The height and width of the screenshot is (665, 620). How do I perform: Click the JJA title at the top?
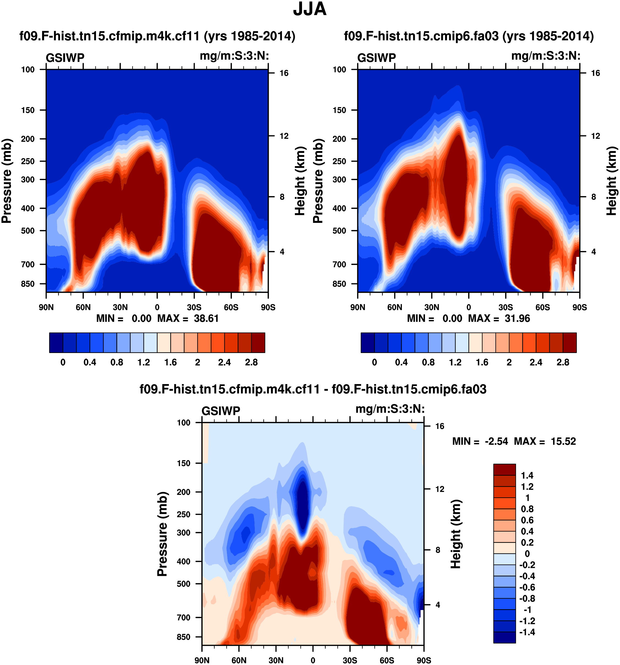(x=310, y=9)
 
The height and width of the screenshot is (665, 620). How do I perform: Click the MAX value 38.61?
(x=206, y=318)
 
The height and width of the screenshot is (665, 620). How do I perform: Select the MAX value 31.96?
(x=517, y=318)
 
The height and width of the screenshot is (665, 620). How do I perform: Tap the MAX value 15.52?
(x=564, y=442)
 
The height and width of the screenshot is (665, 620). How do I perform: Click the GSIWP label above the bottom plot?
(x=221, y=411)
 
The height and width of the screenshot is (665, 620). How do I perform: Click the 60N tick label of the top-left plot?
(x=83, y=307)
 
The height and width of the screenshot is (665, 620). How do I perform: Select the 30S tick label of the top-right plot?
(x=505, y=307)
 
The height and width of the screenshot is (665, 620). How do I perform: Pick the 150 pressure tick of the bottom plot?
(x=183, y=463)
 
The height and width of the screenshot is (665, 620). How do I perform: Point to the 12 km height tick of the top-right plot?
(x=595, y=136)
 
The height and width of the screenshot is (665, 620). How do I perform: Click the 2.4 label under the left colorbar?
(x=224, y=363)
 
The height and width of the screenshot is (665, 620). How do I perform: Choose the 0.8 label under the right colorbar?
(x=428, y=363)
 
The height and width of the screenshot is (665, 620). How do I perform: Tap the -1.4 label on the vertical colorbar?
(x=527, y=632)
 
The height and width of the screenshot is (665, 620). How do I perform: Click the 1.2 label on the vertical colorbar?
(x=527, y=487)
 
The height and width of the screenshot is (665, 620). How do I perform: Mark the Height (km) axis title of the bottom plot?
(x=456, y=534)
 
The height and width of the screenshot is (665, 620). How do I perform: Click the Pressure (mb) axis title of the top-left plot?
(x=7, y=181)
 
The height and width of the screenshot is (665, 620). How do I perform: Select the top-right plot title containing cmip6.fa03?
(x=468, y=36)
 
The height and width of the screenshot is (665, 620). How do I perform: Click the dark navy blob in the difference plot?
(x=303, y=507)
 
